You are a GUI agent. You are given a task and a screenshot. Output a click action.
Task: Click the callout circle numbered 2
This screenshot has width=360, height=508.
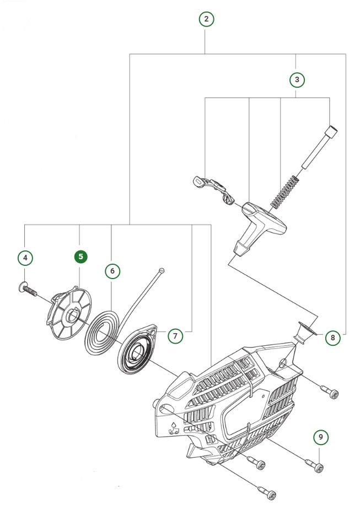(x=206, y=19)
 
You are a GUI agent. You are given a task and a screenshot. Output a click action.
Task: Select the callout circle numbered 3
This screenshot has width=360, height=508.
(x=297, y=79)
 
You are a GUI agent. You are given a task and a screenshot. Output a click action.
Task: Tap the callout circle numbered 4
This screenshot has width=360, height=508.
(x=25, y=257)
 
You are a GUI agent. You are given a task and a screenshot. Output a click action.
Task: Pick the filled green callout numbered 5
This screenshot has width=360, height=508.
(x=80, y=256)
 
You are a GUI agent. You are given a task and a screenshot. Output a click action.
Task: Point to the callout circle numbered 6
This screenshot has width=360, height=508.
(x=112, y=271)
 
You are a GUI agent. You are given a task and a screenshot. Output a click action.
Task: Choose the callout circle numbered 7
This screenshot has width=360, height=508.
(x=174, y=335)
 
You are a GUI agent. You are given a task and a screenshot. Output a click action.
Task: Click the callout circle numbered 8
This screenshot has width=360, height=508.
(x=332, y=336)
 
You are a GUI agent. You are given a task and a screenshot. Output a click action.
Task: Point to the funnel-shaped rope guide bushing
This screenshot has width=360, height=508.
(x=304, y=333)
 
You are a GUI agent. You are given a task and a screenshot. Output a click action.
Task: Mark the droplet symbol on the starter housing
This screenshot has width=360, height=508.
(x=175, y=424)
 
